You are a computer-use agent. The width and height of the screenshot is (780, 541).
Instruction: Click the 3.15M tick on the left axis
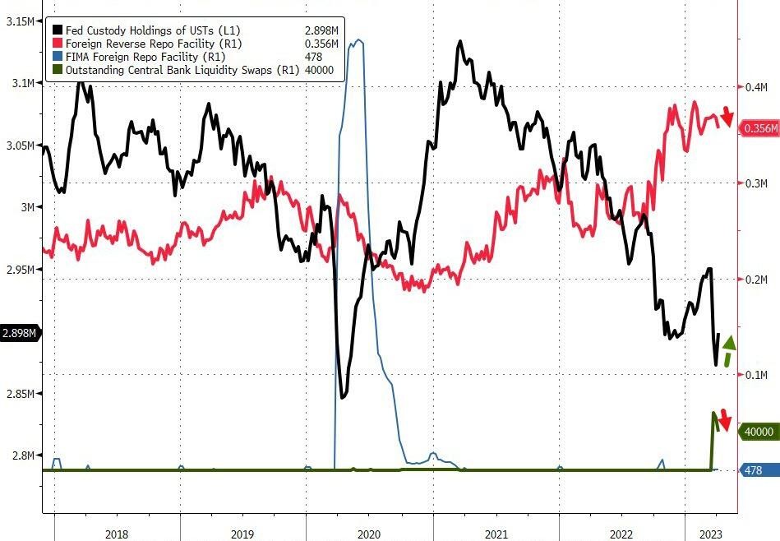19,21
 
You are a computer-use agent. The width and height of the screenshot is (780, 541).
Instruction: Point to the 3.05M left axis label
19,146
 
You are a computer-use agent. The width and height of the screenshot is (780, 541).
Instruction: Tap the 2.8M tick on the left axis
21,455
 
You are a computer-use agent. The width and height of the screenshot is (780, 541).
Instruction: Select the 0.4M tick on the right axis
755,87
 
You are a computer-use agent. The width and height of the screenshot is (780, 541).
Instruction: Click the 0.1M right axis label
755,375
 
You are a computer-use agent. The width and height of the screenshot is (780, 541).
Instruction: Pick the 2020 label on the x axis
369,534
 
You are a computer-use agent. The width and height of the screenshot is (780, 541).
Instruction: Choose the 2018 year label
117,534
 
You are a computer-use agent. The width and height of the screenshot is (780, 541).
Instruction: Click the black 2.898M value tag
19,333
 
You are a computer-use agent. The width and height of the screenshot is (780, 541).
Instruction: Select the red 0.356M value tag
759,128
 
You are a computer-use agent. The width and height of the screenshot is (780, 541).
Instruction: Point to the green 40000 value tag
757,431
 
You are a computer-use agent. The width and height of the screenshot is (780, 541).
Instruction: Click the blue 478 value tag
752,470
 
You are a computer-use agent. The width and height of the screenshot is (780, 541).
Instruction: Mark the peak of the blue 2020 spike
357,40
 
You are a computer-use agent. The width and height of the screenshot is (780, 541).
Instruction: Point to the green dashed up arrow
729,352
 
